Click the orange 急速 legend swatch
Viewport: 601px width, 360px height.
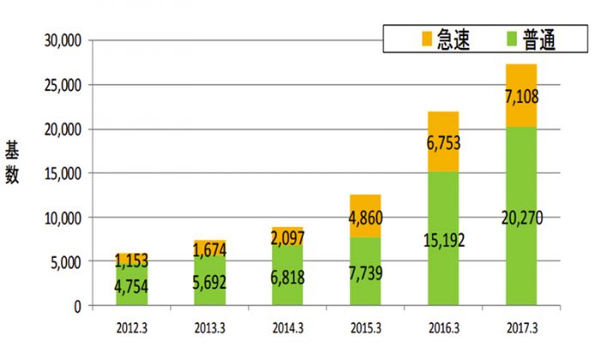[426, 40]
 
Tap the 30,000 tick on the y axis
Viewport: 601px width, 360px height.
[60, 40]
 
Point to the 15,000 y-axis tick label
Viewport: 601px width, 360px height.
[60, 174]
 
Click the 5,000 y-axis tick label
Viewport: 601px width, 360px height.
[64, 262]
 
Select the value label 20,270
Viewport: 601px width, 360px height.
[521, 221]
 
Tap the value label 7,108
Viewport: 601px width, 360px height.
[521, 96]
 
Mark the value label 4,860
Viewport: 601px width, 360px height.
[366, 216]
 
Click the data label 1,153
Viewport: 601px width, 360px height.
[131, 259]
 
